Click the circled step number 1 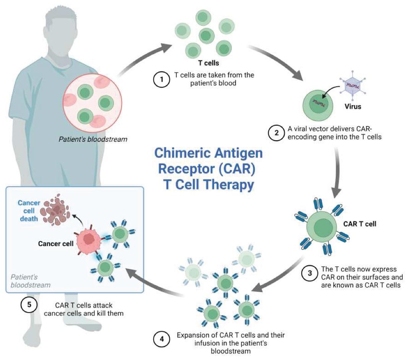click(161, 79)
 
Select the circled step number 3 click(309, 274)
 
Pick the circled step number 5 click(28, 305)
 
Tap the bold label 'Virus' click(353, 107)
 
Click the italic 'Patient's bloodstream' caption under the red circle click(93, 139)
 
